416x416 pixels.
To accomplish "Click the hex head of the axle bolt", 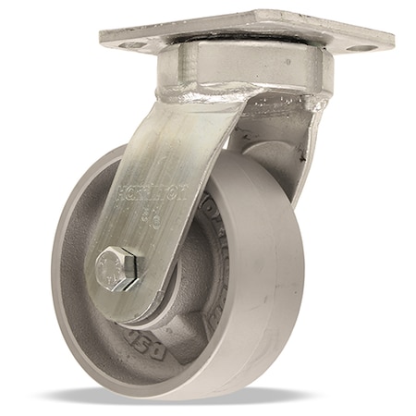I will point(117,270).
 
